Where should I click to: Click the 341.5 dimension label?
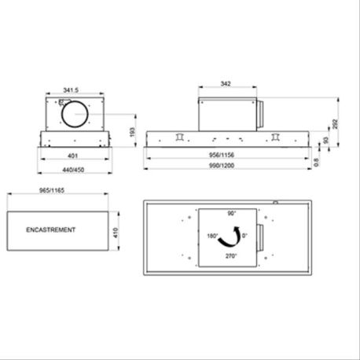[x=71, y=90]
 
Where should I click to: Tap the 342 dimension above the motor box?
[x=226, y=84]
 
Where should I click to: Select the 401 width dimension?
[x=72, y=156]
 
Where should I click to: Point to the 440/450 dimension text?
[x=73, y=170]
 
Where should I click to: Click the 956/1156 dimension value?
[x=222, y=155]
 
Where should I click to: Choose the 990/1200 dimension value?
[x=222, y=166]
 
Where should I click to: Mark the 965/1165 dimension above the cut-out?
[x=52, y=190]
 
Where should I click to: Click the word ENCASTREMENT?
[x=50, y=230]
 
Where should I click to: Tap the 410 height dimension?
[x=116, y=233]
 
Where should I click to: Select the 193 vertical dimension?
[x=132, y=132]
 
